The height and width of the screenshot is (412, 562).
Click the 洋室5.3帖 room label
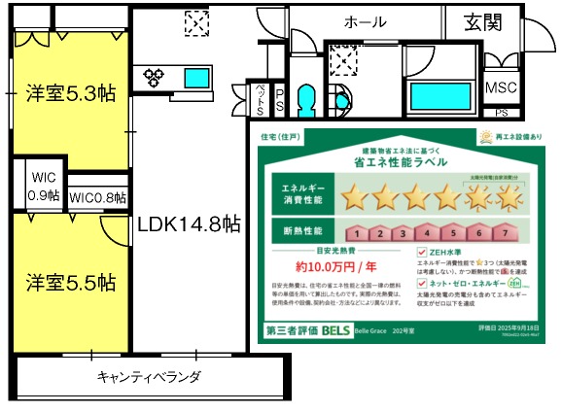pyautogui.click(x=70, y=94)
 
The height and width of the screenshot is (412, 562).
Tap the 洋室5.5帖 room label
pyautogui.click(x=70, y=283)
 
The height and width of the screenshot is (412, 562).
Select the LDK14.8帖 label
pyautogui.click(x=189, y=224)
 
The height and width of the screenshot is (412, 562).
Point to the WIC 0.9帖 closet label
pyautogui.click(x=45, y=187)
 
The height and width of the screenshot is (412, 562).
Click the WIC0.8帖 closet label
pyautogui.click(x=96, y=197)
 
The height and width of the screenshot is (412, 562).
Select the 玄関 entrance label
pyautogui.click(x=483, y=21)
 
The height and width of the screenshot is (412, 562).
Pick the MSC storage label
pyautogui.click(x=502, y=87)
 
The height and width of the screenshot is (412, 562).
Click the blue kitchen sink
pyautogui.click(x=200, y=76)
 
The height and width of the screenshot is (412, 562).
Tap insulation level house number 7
pyautogui.click(x=504, y=233)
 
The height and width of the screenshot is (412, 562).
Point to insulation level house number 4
pyautogui.click(x=425, y=233)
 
